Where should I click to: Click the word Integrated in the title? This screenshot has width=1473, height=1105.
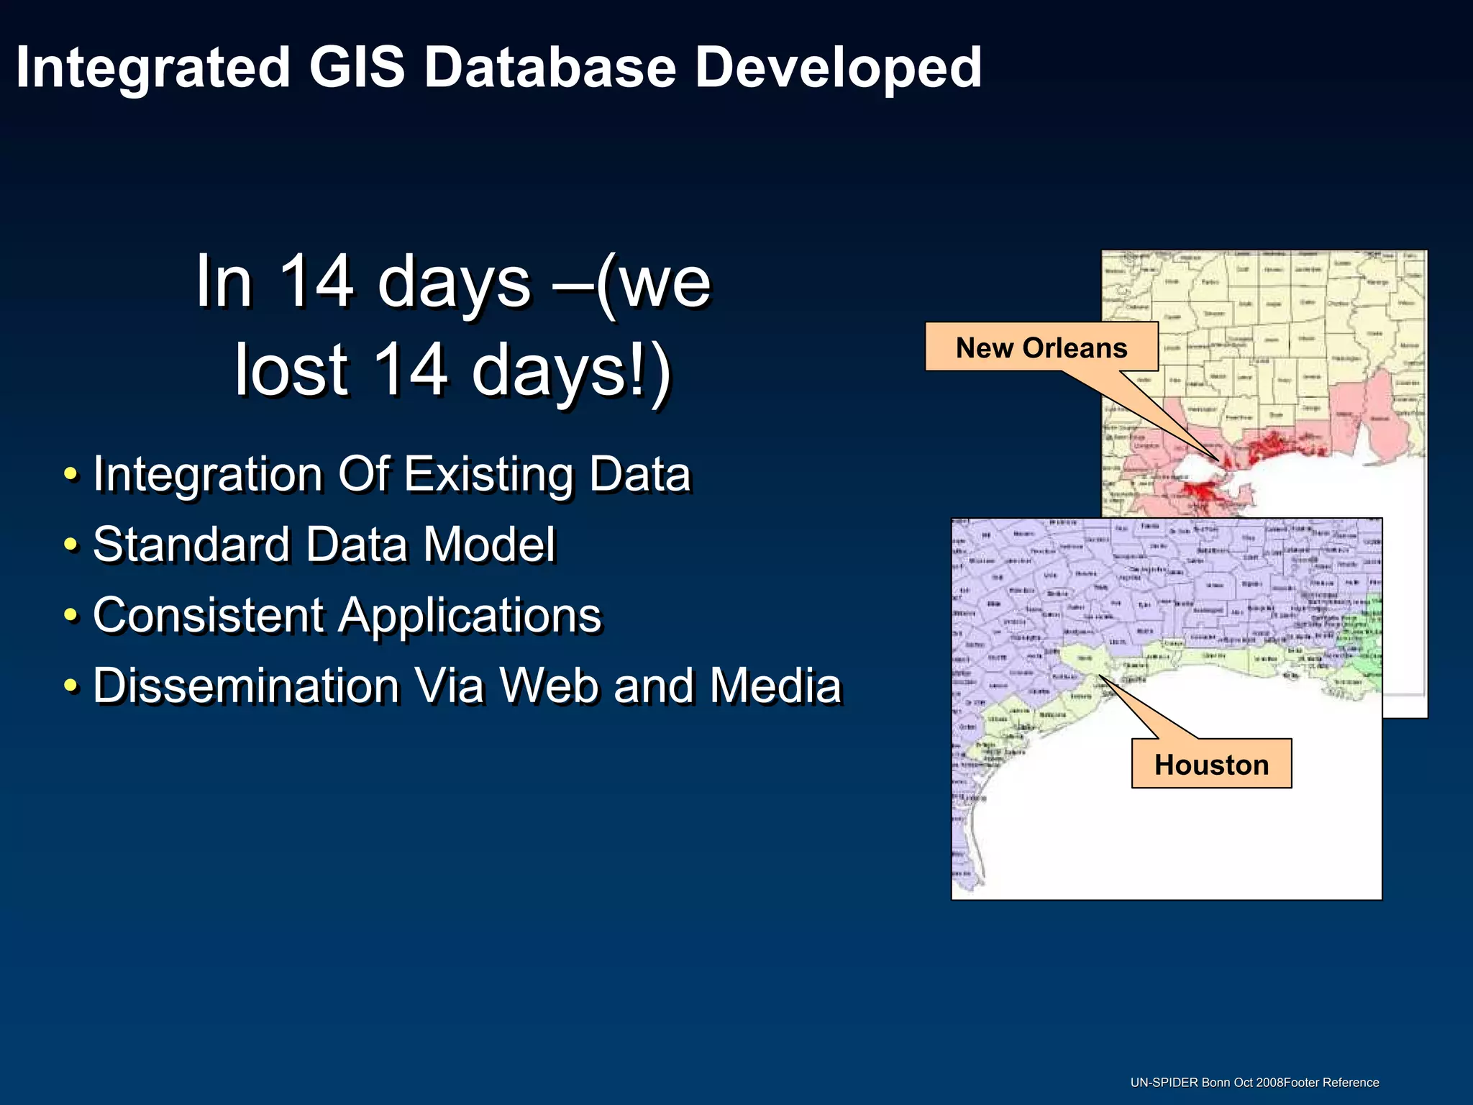(152, 68)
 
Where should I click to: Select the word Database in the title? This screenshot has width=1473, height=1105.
(550, 67)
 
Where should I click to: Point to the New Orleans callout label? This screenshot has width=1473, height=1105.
(1041, 347)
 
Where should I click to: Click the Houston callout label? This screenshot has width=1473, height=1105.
(1211, 764)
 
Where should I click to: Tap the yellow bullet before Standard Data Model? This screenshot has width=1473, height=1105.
(70, 545)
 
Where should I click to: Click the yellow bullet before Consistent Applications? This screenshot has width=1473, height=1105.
(70, 615)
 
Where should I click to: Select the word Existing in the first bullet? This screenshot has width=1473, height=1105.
(489, 475)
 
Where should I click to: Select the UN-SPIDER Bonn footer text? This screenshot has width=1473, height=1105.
(1254, 1083)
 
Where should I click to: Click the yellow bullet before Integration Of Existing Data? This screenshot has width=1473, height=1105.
(70, 475)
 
